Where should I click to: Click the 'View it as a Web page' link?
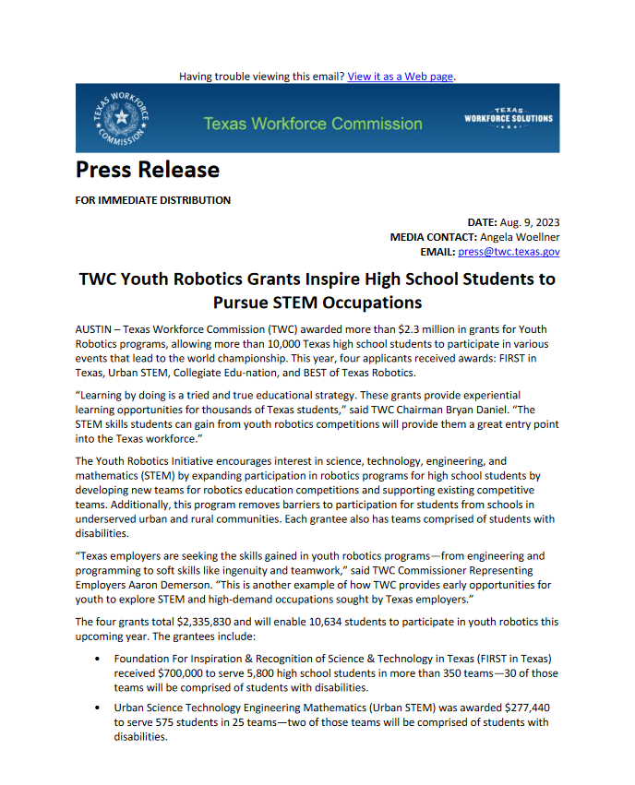(x=401, y=76)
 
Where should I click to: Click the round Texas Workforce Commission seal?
(x=120, y=118)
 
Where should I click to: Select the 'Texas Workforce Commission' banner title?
(x=312, y=124)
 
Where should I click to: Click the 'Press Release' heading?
(x=148, y=170)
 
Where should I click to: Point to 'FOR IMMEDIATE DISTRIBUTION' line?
(x=153, y=200)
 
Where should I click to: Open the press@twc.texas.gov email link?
(x=509, y=252)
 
